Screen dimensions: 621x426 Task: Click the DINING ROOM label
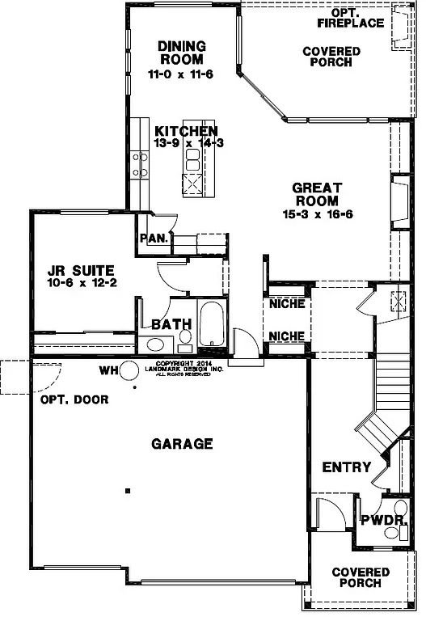[181, 53]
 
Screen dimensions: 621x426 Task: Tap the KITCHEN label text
[187, 132]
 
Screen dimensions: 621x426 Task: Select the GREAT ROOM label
[318, 194]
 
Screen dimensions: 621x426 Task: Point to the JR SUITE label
[80, 270]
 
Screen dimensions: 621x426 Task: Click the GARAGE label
[182, 443]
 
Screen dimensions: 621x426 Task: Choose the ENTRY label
[346, 467]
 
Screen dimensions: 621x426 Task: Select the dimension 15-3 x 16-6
[318, 214]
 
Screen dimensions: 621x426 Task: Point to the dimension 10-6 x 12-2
[80, 284]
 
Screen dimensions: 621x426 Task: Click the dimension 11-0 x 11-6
[181, 74]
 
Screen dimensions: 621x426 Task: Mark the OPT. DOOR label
[74, 399]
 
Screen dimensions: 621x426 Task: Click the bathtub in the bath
[212, 325]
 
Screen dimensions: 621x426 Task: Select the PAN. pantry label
[154, 238]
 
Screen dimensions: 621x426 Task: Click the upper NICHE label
[286, 304]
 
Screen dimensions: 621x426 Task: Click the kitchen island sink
[193, 159]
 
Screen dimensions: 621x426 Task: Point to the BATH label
[171, 324]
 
